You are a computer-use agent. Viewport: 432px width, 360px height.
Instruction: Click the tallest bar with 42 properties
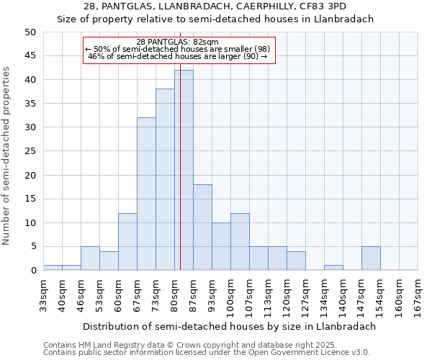[x=184, y=170]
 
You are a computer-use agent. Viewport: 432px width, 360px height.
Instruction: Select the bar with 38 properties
[x=165, y=179]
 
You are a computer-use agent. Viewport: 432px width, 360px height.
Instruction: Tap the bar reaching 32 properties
[x=146, y=194]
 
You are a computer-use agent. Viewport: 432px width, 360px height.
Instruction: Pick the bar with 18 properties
[x=202, y=227]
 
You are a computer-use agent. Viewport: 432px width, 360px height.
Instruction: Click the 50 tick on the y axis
[x=30, y=32]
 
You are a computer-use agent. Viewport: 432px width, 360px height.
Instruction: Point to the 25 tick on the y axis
[x=30, y=151]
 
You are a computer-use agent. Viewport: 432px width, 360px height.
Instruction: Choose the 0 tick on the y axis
[x=32, y=271]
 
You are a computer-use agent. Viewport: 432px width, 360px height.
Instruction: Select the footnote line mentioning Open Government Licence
[x=207, y=352]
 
